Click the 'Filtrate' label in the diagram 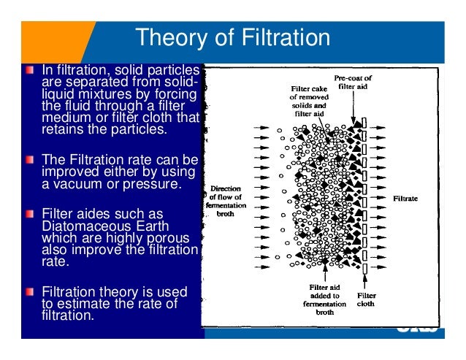[x=405, y=198]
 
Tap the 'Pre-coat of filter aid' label [x=354, y=81]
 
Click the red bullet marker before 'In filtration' [x=28, y=71]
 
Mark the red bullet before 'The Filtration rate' [x=28, y=158]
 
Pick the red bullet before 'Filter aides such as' [x=28, y=214]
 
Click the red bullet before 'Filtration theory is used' [x=28, y=292]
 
